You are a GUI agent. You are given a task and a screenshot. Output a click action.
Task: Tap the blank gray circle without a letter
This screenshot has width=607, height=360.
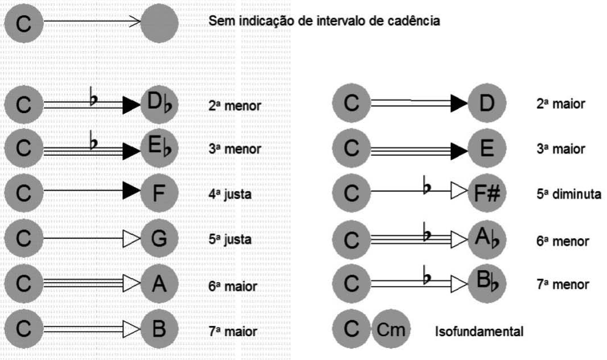coord(159,23)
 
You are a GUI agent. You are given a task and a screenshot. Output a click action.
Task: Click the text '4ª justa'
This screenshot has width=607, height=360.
coord(230,194)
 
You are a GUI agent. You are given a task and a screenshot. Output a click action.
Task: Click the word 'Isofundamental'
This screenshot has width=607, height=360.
coord(479,331)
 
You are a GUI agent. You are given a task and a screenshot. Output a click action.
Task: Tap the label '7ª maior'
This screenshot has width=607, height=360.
coord(232,330)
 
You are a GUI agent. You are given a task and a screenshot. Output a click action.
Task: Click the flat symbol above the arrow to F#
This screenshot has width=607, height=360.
coord(426,185)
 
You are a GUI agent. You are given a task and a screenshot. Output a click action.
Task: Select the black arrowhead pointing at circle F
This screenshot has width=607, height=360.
coord(131,193)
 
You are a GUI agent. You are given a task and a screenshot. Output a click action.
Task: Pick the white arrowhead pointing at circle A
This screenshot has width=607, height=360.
coord(131,284)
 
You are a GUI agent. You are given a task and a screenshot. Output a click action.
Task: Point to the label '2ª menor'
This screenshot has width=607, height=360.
coord(234,105)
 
